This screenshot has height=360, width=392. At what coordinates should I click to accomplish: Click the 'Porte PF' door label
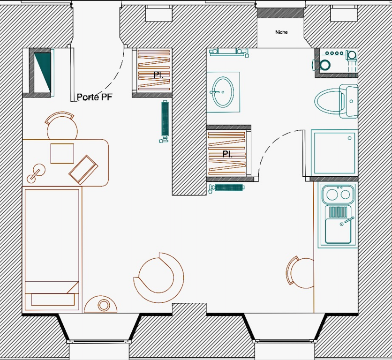click(x=95, y=97)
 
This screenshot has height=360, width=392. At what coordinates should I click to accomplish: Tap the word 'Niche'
click(x=281, y=32)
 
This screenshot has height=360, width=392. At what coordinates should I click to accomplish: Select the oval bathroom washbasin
click(x=223, y=92)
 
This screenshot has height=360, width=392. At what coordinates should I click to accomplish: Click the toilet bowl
click(x=328, y=101)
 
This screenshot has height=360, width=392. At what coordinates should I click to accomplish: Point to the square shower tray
click(x=334, y=153)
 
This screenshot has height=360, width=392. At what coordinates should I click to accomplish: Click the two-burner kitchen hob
click(x=338, y=194)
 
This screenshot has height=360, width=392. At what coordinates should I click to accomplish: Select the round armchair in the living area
click(x=158, y=277)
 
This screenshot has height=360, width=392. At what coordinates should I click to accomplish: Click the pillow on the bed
click(x=53, y=299)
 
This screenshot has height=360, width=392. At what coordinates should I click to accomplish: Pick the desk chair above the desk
click(x=62, y=126)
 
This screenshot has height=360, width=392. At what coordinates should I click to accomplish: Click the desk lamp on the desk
click(x=36, y=173)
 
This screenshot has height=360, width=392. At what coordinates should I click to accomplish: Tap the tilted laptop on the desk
click(x=83, y=170)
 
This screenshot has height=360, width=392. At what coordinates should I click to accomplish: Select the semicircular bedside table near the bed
click(x=100, y=304)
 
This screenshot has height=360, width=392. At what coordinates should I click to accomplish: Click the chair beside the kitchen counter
click(x=300, y=272)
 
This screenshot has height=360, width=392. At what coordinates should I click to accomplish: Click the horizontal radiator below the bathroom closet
click(x=227, y=187)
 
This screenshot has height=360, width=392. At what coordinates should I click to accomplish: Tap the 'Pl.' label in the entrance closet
click(x=158, y=75)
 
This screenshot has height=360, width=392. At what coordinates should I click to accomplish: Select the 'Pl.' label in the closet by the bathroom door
click(x=227, y=154)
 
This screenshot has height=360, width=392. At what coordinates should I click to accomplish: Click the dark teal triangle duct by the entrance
click(x=43, y=72)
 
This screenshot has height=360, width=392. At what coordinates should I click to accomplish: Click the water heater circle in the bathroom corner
click(x=325, y=65)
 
